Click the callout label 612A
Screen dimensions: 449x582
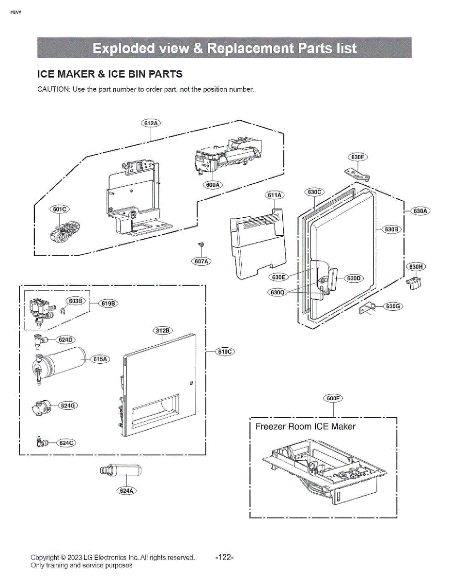151,123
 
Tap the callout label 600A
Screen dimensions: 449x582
213,185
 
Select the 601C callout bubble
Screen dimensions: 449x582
60,209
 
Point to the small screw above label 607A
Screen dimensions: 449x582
201,244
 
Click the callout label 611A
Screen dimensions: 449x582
274,195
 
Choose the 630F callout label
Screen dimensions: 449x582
357,157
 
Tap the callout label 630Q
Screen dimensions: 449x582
278,292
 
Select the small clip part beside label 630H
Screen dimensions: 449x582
414,283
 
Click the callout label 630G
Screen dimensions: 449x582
393,306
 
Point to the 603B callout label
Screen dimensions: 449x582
76,301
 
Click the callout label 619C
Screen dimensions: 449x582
225,352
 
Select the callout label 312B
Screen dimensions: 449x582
163,330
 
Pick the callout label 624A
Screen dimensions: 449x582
126,491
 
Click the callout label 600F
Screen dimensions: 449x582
333,398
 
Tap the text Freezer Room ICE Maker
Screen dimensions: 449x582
305,426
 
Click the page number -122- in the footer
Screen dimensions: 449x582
225,558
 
